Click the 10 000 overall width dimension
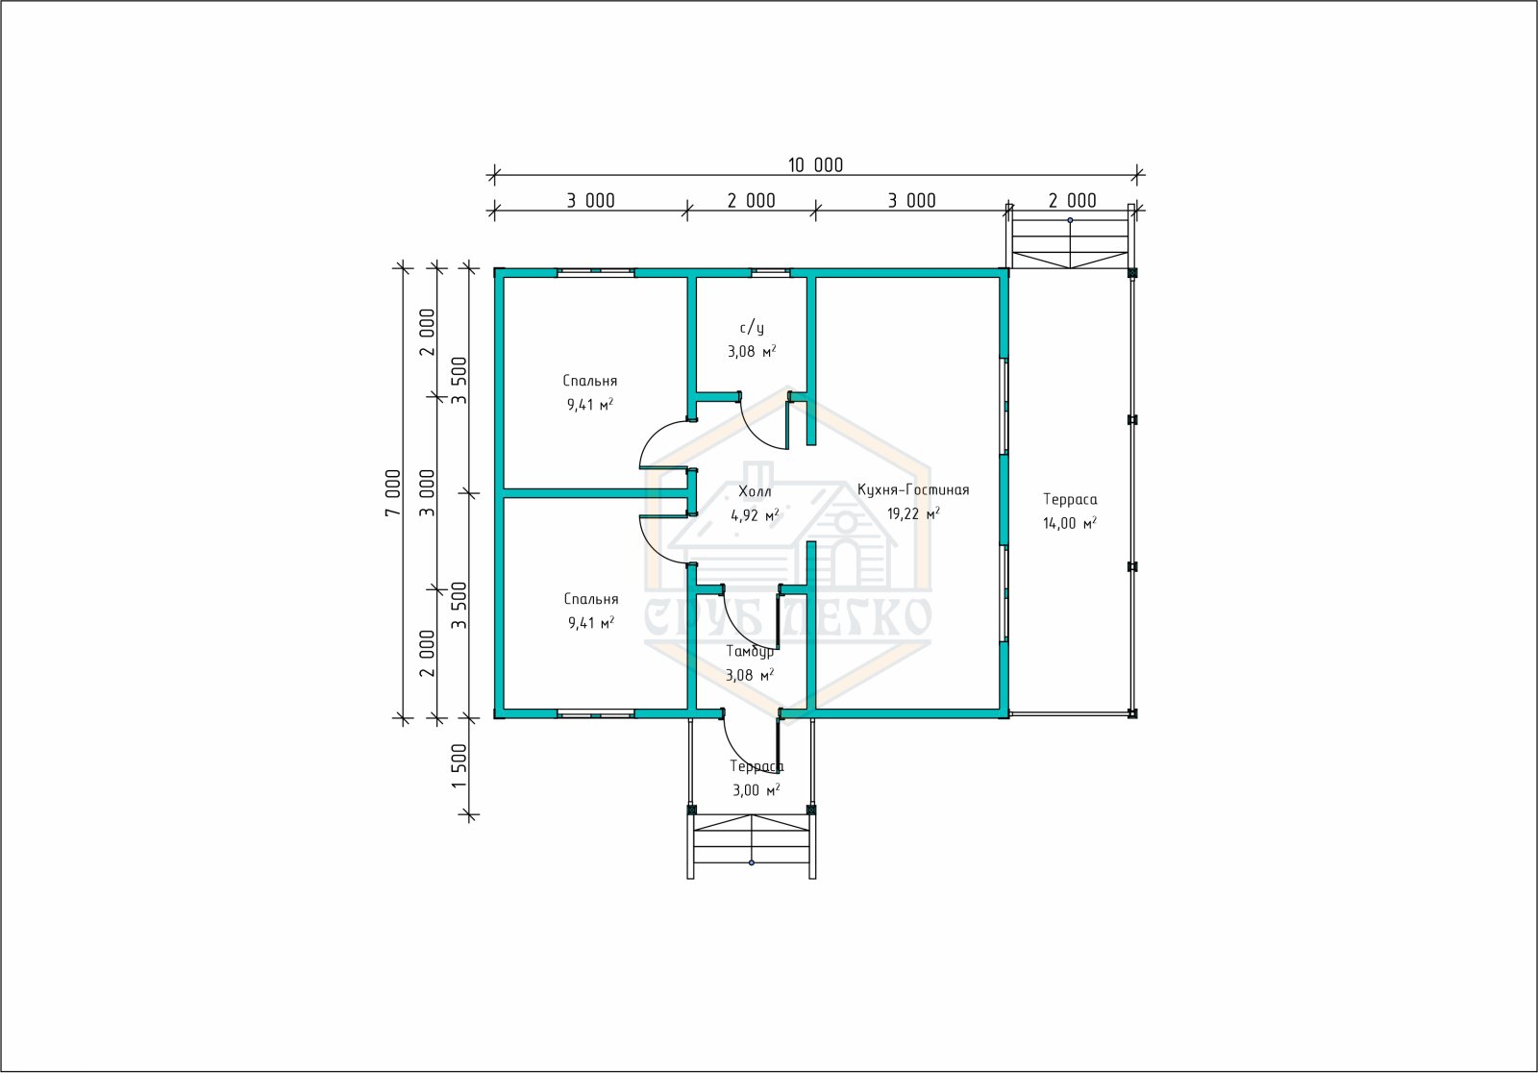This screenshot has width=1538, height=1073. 815,164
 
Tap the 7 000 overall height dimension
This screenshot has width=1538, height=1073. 393,492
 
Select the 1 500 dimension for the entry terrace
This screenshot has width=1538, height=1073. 459,766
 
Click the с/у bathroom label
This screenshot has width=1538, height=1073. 752,328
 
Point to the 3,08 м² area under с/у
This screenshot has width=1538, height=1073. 752,351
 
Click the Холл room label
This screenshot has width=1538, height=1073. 755,491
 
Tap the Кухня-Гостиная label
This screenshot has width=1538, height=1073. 913,489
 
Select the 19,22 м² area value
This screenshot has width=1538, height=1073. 913,513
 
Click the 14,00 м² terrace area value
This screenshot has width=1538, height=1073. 1070,523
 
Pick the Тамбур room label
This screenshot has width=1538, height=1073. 750,651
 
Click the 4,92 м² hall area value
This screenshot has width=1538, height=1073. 755,515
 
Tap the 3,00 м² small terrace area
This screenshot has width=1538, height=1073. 756,790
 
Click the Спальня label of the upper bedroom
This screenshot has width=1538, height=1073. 590,381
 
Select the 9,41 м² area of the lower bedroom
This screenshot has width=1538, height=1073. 591,623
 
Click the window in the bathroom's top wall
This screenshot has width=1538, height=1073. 770,273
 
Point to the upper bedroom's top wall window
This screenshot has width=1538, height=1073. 595,273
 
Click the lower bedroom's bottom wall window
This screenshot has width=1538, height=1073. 595,714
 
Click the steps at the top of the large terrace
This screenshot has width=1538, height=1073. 1071,236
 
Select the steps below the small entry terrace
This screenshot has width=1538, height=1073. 752,846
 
